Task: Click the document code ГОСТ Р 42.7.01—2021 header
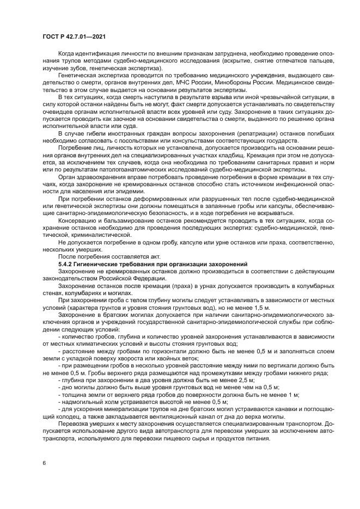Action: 74,36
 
